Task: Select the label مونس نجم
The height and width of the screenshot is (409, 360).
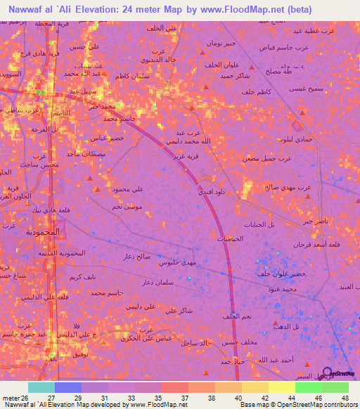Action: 127,209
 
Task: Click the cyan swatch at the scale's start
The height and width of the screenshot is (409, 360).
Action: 41,387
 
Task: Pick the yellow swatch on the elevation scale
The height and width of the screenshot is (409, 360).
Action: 281,387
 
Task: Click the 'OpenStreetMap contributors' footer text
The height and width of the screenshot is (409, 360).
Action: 323,405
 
